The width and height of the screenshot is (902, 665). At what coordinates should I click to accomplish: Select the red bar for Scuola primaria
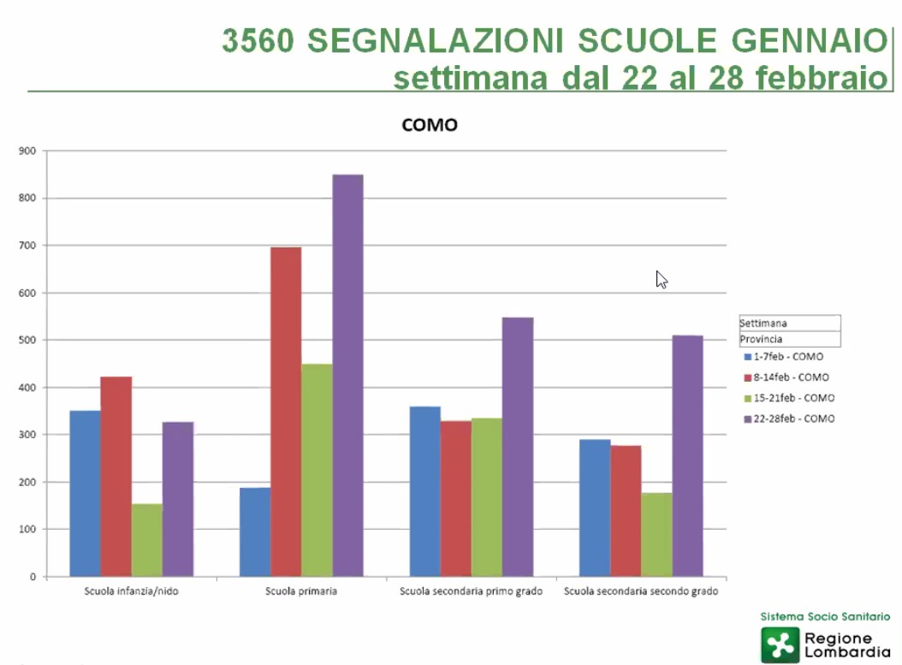[x=286, y=411]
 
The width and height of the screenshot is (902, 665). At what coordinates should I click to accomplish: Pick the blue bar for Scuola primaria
[x=255, y=531]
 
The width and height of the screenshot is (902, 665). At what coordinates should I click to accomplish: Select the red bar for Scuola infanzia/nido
[x=116, y=476]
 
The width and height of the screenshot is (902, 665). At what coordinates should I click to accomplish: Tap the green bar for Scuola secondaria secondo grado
[x=656, y=534]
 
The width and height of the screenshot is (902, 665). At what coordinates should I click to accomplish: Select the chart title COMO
[x=430, y=125]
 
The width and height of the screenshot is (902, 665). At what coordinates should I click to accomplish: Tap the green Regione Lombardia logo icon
[x=780, y=644]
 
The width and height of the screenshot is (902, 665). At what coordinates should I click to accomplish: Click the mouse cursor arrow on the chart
[x=661, y=279]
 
